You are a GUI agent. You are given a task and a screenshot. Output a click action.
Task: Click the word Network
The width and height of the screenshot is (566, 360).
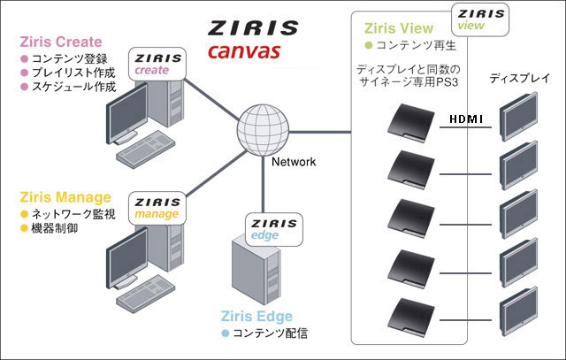(294, 162)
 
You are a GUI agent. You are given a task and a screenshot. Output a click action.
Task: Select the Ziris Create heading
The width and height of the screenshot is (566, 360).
(60, 42)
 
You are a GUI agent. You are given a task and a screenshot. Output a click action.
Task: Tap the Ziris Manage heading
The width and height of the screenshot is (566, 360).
(65, 196)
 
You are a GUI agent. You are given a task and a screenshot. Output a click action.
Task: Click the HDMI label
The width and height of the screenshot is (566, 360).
(466, 119)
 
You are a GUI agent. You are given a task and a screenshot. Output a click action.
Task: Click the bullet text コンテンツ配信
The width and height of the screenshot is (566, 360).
(271, 334)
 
